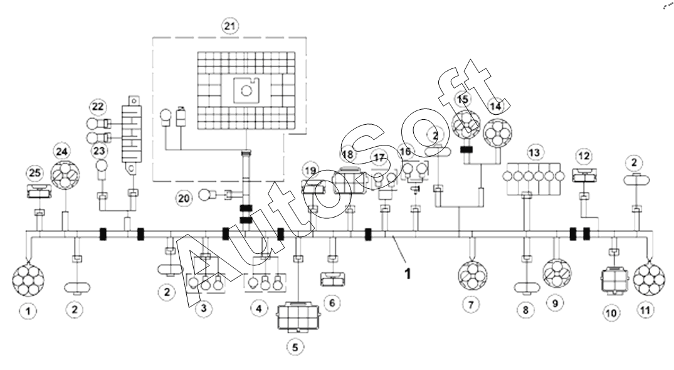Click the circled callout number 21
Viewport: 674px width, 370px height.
[x=230, y=26]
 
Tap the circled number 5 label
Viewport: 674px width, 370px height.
[x=295, y=347]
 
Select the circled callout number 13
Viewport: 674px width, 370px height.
[x=534, y=152]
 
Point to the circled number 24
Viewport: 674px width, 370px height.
[x=62, y=151]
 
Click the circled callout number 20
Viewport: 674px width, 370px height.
[x=184, y=199]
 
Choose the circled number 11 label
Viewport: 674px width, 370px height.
[x=645, y=310]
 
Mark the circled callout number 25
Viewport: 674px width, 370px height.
[x=35, y=173]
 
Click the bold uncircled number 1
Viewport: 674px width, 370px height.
[x=408, y=273]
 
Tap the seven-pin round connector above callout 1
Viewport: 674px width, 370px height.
[x=28, y=280]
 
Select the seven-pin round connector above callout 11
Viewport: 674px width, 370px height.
[x=649, y=280]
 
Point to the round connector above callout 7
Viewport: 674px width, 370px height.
[x=472, y=275]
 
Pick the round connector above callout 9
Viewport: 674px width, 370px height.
[x=557, y=273]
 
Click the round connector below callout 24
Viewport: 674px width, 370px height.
[x=65, y=175]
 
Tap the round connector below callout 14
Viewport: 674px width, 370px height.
[x=497, y=133]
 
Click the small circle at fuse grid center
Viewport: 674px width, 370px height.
[x=246, y=91]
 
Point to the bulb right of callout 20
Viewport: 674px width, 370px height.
[x=204, y=195]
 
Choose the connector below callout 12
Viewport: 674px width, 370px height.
[x=584, y=176]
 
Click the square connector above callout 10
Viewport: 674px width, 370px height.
[x=614, y=281]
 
